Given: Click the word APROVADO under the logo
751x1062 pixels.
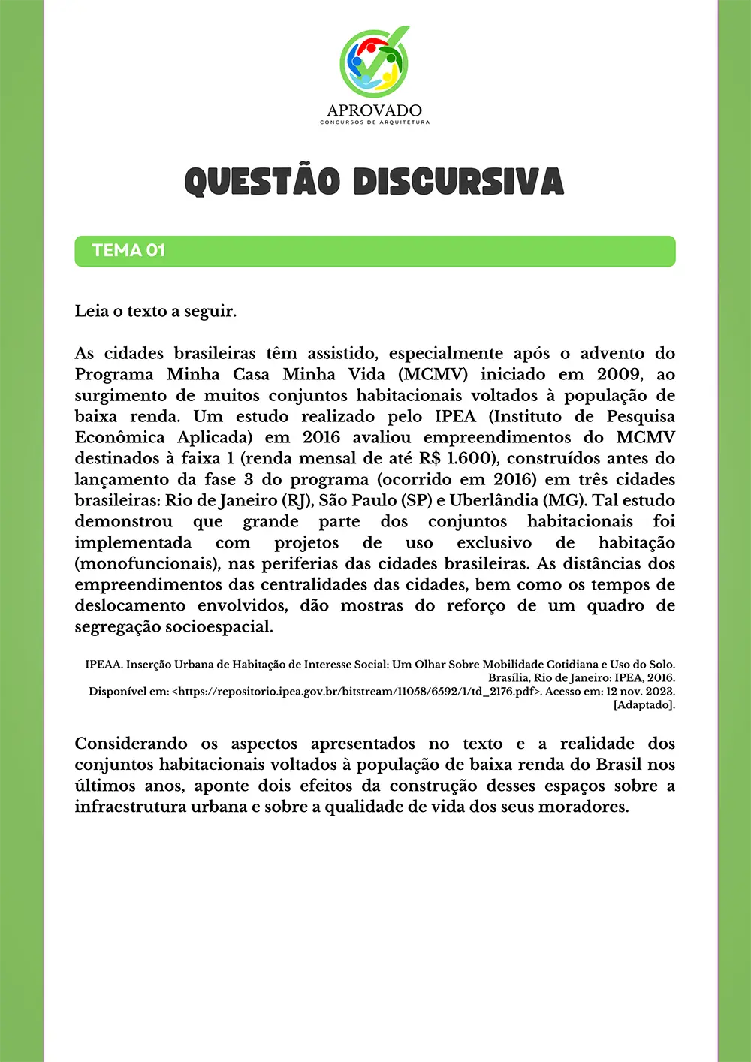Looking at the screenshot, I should coord(374,110).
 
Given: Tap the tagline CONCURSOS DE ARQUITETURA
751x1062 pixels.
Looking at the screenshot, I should coord(375,122).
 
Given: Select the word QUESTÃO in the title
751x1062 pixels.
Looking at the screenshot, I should coord(262,181).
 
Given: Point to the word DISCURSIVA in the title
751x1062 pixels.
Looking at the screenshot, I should coord(458,181).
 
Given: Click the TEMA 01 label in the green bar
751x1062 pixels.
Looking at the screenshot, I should coord(128,251).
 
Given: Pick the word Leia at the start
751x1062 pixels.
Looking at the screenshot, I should coord(91,311).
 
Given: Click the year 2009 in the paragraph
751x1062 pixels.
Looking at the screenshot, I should coord(620,374).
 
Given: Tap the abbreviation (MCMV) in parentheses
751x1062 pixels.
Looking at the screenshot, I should coord(433,374).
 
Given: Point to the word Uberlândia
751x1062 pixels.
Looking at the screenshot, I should coord(493,500).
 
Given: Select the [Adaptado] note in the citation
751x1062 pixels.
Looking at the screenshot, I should coord(644,704).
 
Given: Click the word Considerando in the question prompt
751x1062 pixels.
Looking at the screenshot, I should coord(131,744).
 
